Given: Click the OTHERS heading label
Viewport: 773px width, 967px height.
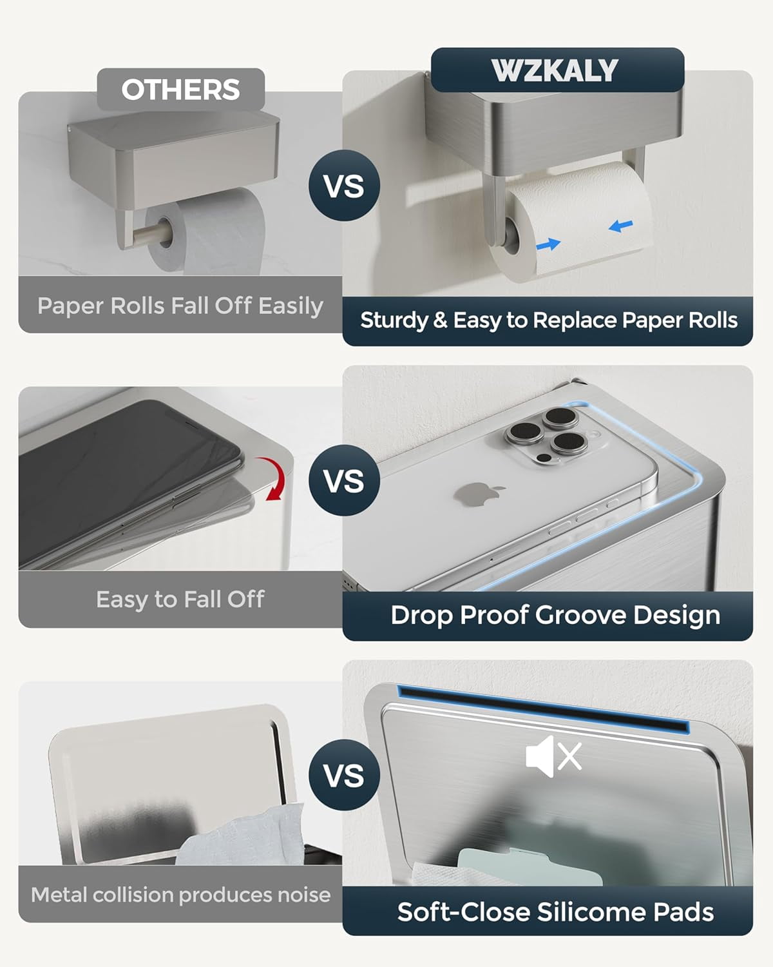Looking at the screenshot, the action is pyautogui.click(x=180, y=90).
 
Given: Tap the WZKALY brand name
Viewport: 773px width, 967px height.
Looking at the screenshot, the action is pyautogui.click(x=555, y=70).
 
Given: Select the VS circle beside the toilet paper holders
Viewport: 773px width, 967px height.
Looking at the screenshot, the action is pyautogui.click(x=344, y=186).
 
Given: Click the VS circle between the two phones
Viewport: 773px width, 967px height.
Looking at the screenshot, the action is pyautogui.click(x=344, y=480).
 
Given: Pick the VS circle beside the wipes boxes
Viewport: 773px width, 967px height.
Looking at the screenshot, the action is pyautogui.click(x=344, y=775).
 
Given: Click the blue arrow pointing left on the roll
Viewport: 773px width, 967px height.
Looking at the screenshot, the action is pyautogui.click(x=621, y=226).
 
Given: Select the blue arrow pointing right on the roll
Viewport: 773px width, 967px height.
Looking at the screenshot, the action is pyautogui.click(x=548, y=244).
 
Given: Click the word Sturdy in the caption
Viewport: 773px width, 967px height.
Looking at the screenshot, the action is pyautogui.click(x=394, y=321).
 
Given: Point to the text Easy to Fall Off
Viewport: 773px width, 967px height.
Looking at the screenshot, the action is pyautogui.click(x=180, y=600).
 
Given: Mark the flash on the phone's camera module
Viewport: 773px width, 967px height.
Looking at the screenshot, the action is pyautogui.click(x=545, y=458).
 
